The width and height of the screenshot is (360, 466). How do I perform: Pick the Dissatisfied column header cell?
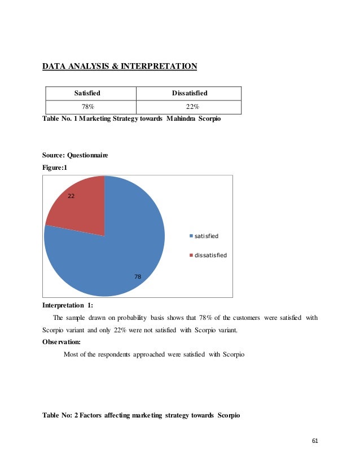click(x=188, y=93)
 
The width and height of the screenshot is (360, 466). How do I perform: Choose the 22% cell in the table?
click(x=188, y=107)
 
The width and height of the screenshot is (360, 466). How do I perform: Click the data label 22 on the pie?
click(x=71, y=196)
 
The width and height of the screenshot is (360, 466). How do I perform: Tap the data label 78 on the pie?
click(x=138, y=276)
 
